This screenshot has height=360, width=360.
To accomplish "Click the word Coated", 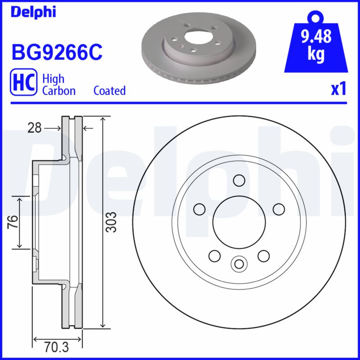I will [109, 90].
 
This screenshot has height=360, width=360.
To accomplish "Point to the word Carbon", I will [58, 90].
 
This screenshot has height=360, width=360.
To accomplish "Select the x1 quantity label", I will [338, 90].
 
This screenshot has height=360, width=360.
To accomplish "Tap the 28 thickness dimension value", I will [34, 128].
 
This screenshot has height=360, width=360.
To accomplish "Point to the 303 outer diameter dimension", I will [112, 222].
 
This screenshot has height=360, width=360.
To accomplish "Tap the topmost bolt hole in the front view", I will [239, 180].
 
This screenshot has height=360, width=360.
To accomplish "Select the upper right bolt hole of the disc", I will [279, 209].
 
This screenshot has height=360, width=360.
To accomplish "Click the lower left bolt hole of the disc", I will [215, 256].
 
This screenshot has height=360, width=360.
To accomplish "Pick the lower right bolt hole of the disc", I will [263, 256].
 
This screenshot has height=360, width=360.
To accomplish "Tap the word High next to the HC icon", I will [53, 79].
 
